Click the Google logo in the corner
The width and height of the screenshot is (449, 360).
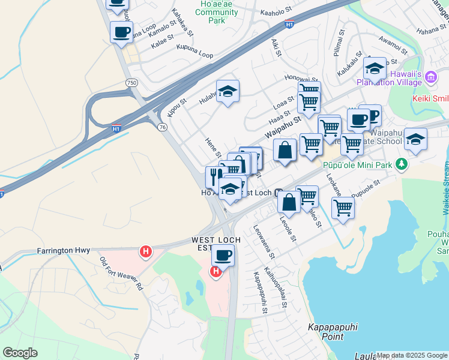(x=20, y=353)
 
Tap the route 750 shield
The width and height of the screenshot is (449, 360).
(x=130, y=82)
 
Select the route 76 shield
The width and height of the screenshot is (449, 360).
(x=163, y=127)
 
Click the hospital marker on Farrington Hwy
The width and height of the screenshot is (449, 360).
(x=145, y=252)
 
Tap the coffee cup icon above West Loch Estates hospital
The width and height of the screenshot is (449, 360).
(x=223, y=255)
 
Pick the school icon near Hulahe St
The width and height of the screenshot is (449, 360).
(x=228, y=91)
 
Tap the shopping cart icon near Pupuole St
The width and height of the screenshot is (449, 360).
(x=343, y=208)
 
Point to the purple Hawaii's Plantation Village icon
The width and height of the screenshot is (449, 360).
(x=430, y=76)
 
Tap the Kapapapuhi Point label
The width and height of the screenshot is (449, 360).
(x=330, y=332)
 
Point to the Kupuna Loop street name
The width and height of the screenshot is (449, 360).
(x=194, y=55)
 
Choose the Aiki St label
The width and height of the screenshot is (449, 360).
(x=276, y=46)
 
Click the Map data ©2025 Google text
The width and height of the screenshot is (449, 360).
(x=412, y=355)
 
